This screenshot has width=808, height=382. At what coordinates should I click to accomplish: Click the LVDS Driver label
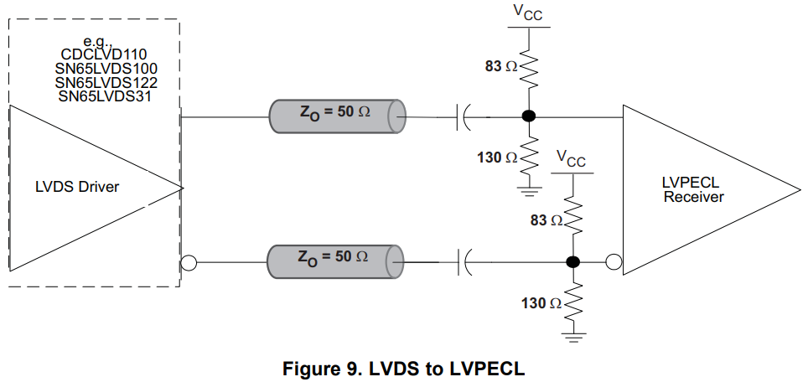coord(77,187)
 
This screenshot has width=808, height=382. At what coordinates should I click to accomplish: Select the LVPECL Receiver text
coord(693,189)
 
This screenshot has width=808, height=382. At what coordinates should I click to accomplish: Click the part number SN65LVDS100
coord(106,69)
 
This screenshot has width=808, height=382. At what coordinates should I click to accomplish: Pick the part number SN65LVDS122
coord(106,83)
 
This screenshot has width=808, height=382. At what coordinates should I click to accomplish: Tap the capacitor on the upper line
coord(463,116)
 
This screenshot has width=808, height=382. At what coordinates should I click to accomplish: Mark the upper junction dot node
coord(528,116)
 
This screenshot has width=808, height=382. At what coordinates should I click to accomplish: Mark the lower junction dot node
coord(573,262)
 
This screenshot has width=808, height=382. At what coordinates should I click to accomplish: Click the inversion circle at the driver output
coord(189,263)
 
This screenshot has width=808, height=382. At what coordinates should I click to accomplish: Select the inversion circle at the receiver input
coord(614,263)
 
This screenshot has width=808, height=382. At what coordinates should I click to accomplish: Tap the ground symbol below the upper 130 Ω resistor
coord(528,192)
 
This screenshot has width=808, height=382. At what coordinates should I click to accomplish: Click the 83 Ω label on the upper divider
coord(501,66)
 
